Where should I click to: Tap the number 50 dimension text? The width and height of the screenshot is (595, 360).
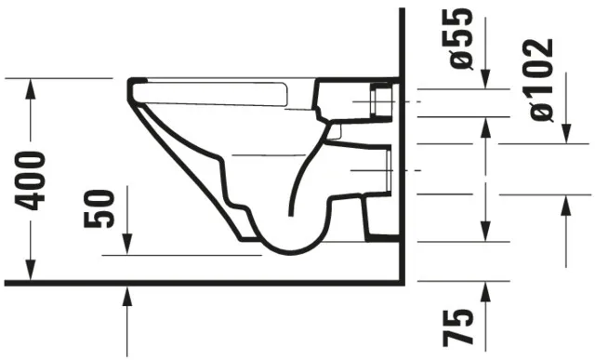(x=99, y=207)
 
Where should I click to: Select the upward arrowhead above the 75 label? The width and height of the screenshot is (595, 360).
(x=484, y=294)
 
